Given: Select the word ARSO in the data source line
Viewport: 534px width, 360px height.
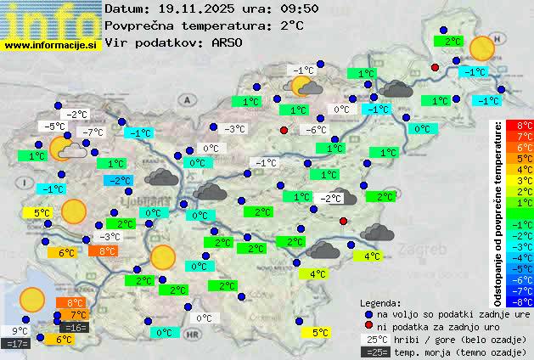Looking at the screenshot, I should pyautogui.click(x=232, y=42).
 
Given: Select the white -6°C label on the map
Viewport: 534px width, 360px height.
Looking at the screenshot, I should pyautogui.click(x=317, y=130).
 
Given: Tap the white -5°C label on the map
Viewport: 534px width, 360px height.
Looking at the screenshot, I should pyautogui.click(x=55, y=127).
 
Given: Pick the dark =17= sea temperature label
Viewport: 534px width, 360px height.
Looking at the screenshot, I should pyautogui.click(x=16, y=344).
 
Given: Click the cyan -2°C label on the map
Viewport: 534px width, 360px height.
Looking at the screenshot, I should pyautogui.click(x=118, y=180).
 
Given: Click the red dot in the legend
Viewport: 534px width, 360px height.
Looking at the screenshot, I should pyautogui.click(x=368, y=327).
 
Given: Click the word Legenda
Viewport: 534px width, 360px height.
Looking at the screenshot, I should pyautogui.click(x=380, y=302).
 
